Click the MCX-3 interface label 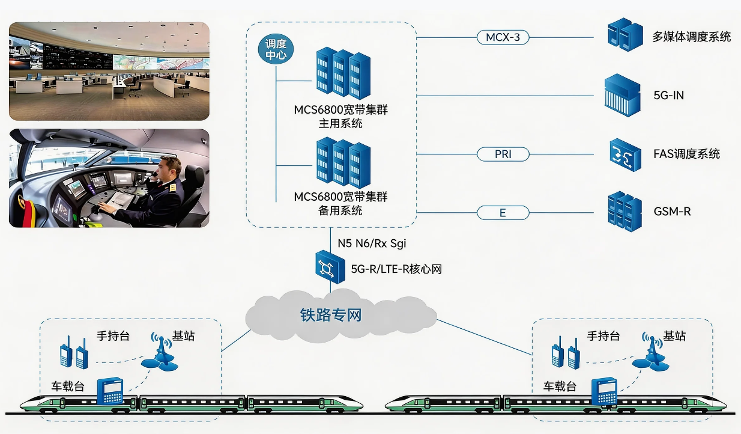tap(503, 37)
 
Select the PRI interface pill tap(503, 154)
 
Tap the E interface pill tap(503, 213)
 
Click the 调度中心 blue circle tap(276, 50)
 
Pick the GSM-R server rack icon tap(625, 212)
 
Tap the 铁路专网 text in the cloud tap(331, 314)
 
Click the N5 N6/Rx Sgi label tap(368, 243)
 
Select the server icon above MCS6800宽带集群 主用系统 tap(343, 75)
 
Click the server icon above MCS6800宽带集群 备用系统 tap(343, 164)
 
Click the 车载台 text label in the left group tap(67, 386)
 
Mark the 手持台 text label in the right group tap(603, 336)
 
